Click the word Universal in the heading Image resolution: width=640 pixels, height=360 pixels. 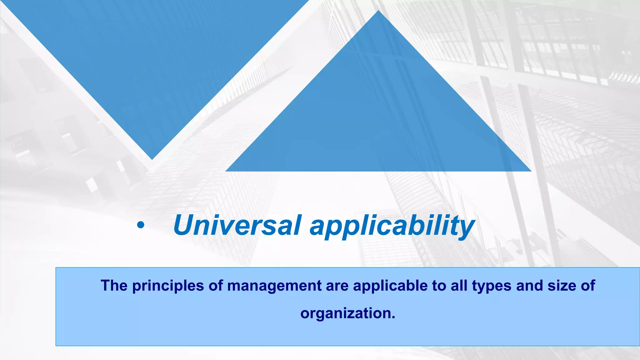coord(237,225)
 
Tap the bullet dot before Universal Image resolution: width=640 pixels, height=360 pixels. coord(141,225)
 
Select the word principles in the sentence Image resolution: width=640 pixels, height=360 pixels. coord(168,286)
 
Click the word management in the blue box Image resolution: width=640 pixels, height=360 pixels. coord(274,286)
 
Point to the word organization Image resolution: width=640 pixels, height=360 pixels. coord(345,313)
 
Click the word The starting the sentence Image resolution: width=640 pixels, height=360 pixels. coord(114,286)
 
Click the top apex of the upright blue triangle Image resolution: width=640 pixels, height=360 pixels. coord(378,11)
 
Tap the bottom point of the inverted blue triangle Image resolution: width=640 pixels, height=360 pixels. coord(152,159)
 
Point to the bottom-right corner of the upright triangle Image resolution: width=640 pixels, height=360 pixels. coord(531,171)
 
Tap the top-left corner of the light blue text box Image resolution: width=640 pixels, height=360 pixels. coord(56,268)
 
